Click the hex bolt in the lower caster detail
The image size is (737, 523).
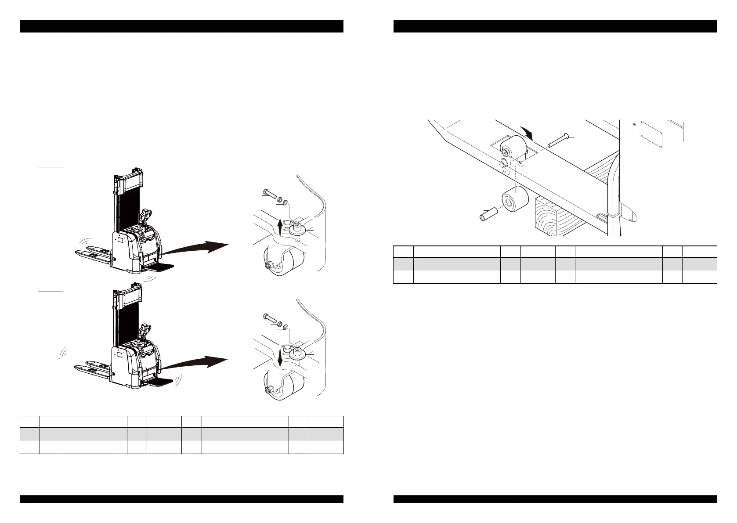click(x=269, y=316)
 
